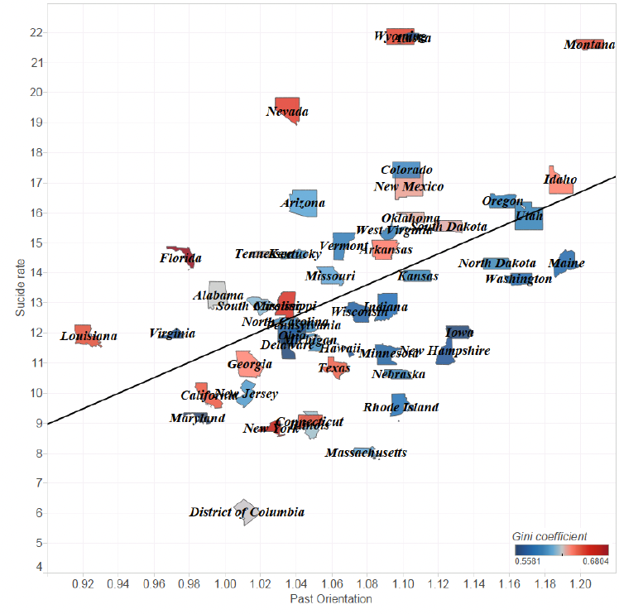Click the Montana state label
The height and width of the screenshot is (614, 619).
(589, 45)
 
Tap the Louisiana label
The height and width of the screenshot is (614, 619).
(89, 337)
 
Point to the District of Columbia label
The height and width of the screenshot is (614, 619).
(247, 512)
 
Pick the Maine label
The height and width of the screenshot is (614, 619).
(567, 264)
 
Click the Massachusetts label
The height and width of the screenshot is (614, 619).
(366, 453)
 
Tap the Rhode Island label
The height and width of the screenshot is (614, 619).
(401, 407)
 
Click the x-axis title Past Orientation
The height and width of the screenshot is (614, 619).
(330, 598)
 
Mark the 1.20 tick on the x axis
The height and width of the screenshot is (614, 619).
(580, 584)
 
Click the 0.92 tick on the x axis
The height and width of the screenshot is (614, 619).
(83, 584)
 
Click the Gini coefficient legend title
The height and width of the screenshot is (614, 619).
(549, 535)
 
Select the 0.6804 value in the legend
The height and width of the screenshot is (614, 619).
(593, 560)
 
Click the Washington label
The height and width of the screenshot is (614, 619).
(518, 279)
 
